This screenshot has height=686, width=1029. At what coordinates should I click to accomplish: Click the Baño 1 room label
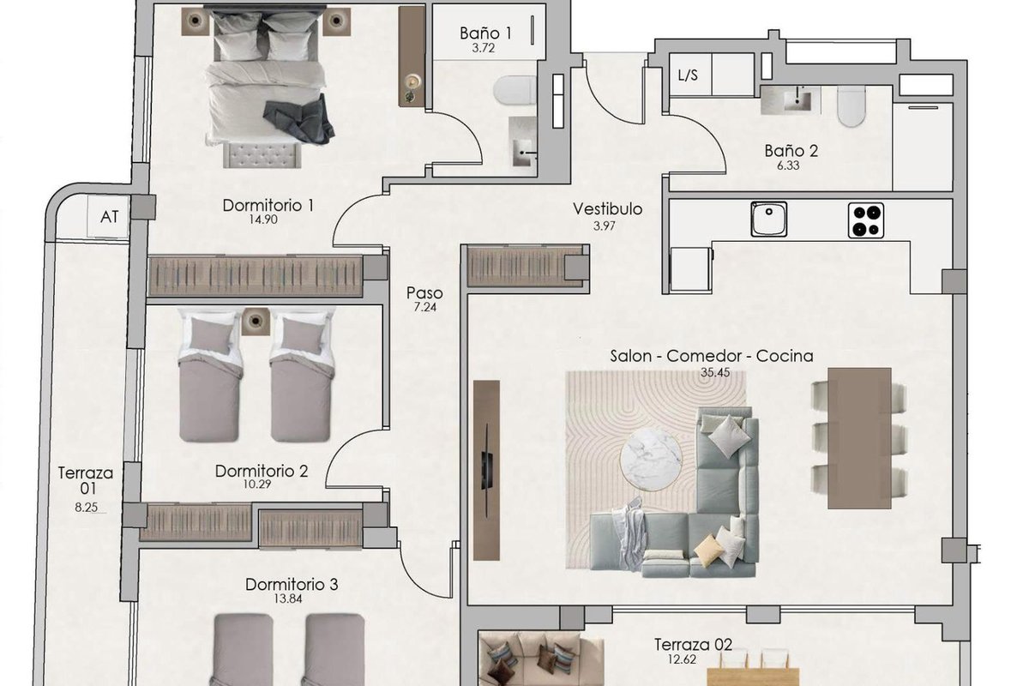point(485,33)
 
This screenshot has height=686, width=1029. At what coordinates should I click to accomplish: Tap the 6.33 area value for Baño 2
point(788,165)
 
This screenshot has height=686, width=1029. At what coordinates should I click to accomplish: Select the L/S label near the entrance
point(688,75)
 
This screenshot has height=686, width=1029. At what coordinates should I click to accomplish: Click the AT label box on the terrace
point(109,216)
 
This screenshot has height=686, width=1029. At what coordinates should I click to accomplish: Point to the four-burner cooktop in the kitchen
point(865,220)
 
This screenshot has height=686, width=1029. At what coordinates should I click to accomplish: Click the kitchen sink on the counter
point(768,220)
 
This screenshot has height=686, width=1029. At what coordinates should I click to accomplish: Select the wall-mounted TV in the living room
point(486,469)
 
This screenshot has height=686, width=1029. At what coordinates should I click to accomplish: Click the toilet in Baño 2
point(851,105)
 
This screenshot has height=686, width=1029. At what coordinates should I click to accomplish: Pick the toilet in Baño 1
point(514,91)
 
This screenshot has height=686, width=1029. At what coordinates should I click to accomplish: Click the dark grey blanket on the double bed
point(299,118)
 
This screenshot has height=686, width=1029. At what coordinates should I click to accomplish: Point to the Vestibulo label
point(607,209)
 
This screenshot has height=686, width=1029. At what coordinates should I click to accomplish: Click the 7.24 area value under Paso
point(425,307)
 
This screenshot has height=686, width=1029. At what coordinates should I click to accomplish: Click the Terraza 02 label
point(693,644)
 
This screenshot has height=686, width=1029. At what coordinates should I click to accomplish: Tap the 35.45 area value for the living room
point(715,371)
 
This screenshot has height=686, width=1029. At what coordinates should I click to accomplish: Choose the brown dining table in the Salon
point(859,438)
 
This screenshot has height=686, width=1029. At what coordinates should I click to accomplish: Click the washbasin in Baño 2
point(791,99)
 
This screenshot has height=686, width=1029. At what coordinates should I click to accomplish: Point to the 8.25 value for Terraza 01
point(87,507)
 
